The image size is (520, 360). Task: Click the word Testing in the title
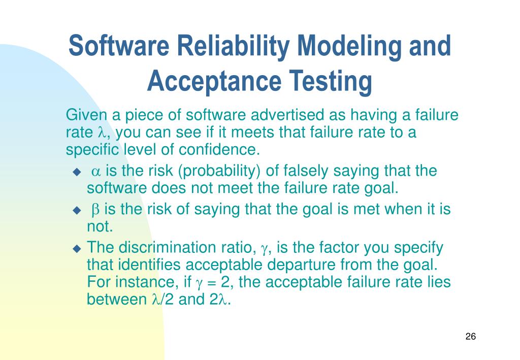[x=331, y=82]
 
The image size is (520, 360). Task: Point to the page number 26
[x=470, y=337]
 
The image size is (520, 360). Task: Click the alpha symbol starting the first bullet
[x=96, y=172]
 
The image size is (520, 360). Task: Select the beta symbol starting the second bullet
[x=95, y=210]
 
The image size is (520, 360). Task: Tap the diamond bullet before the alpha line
[x=77, y=172]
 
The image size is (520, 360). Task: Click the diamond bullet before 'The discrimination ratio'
[x=77, y=249]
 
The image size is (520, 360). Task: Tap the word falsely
[x=297, y=171]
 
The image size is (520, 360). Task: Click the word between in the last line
[x=116, y=300]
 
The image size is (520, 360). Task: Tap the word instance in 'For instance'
[x=145, y=282]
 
